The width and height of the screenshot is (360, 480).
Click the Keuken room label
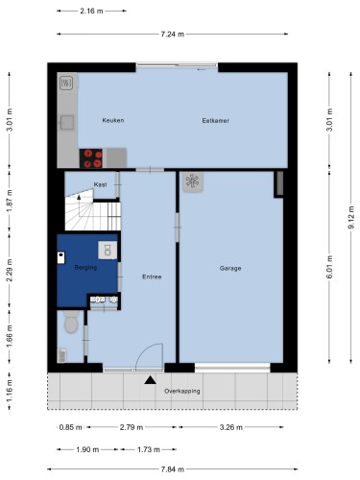(113, 120)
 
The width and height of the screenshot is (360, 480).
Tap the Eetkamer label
(215, 121)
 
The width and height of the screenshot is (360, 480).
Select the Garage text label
(230, 268)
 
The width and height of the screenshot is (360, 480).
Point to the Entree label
(152, 276)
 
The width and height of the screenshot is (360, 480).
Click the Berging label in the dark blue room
(85, 267)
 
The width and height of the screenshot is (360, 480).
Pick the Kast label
(100, 184)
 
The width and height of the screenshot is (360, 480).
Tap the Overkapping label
(182, 391)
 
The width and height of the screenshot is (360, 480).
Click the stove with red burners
(91, 158)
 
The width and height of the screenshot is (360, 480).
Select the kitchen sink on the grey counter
(67, 123)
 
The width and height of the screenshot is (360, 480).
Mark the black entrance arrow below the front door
(150, 380)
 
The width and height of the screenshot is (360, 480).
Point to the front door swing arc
(144, 350)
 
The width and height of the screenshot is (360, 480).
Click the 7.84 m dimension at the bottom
(173, 469)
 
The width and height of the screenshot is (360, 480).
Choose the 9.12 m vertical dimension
(351, 217)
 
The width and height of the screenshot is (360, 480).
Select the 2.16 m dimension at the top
(91, 11)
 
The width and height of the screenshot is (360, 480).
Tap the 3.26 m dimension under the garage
(231, 427)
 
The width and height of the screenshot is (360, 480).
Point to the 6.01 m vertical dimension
(330, 267)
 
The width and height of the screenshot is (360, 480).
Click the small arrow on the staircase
(79, 197)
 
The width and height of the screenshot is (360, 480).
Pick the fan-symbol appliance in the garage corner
(193, 181)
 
